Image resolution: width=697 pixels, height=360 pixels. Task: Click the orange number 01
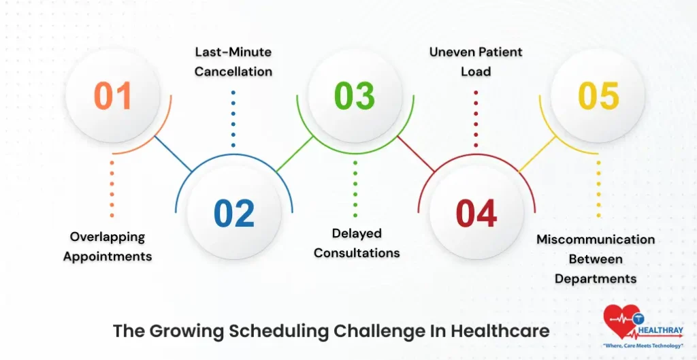pos(113,96)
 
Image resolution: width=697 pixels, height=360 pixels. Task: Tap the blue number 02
pos(234,213)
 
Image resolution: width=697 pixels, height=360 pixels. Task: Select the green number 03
pos(355,96)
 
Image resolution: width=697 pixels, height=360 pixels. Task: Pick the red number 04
pos(476,213)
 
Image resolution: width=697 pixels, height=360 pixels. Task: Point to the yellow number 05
pos(598,96)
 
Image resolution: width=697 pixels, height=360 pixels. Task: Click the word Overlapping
pos(108,237)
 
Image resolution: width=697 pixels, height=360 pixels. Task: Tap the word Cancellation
pos(233,71)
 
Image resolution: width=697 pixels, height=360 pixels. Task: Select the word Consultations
pos(357,253)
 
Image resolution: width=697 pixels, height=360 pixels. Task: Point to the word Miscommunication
pos(596,240)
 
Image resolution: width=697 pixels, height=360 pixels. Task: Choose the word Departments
pos(596,279)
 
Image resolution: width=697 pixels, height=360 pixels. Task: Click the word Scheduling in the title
pos(280,331)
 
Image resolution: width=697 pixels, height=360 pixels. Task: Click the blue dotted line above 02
pos(233,119)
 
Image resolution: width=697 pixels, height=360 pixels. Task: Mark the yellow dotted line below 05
pos(598,190)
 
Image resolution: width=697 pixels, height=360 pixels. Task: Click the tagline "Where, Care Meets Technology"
pos(644,346)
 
